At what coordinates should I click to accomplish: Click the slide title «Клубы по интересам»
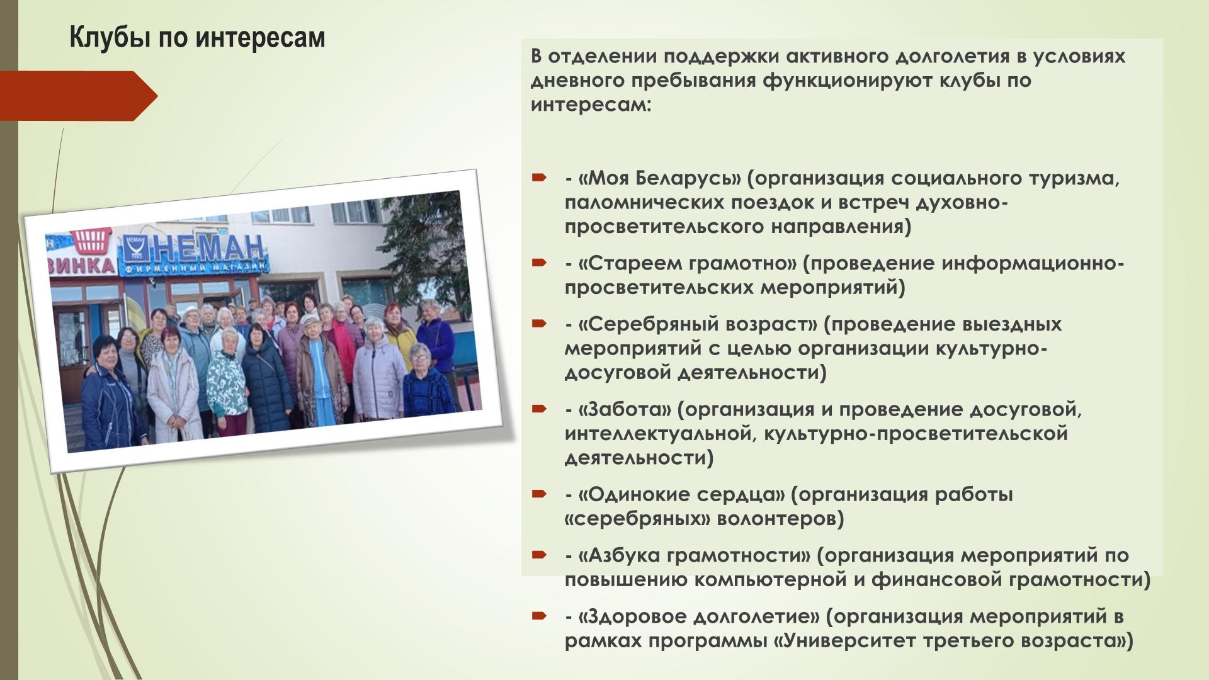pos(197,38)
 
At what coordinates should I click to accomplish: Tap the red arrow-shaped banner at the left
pos(79,96)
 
